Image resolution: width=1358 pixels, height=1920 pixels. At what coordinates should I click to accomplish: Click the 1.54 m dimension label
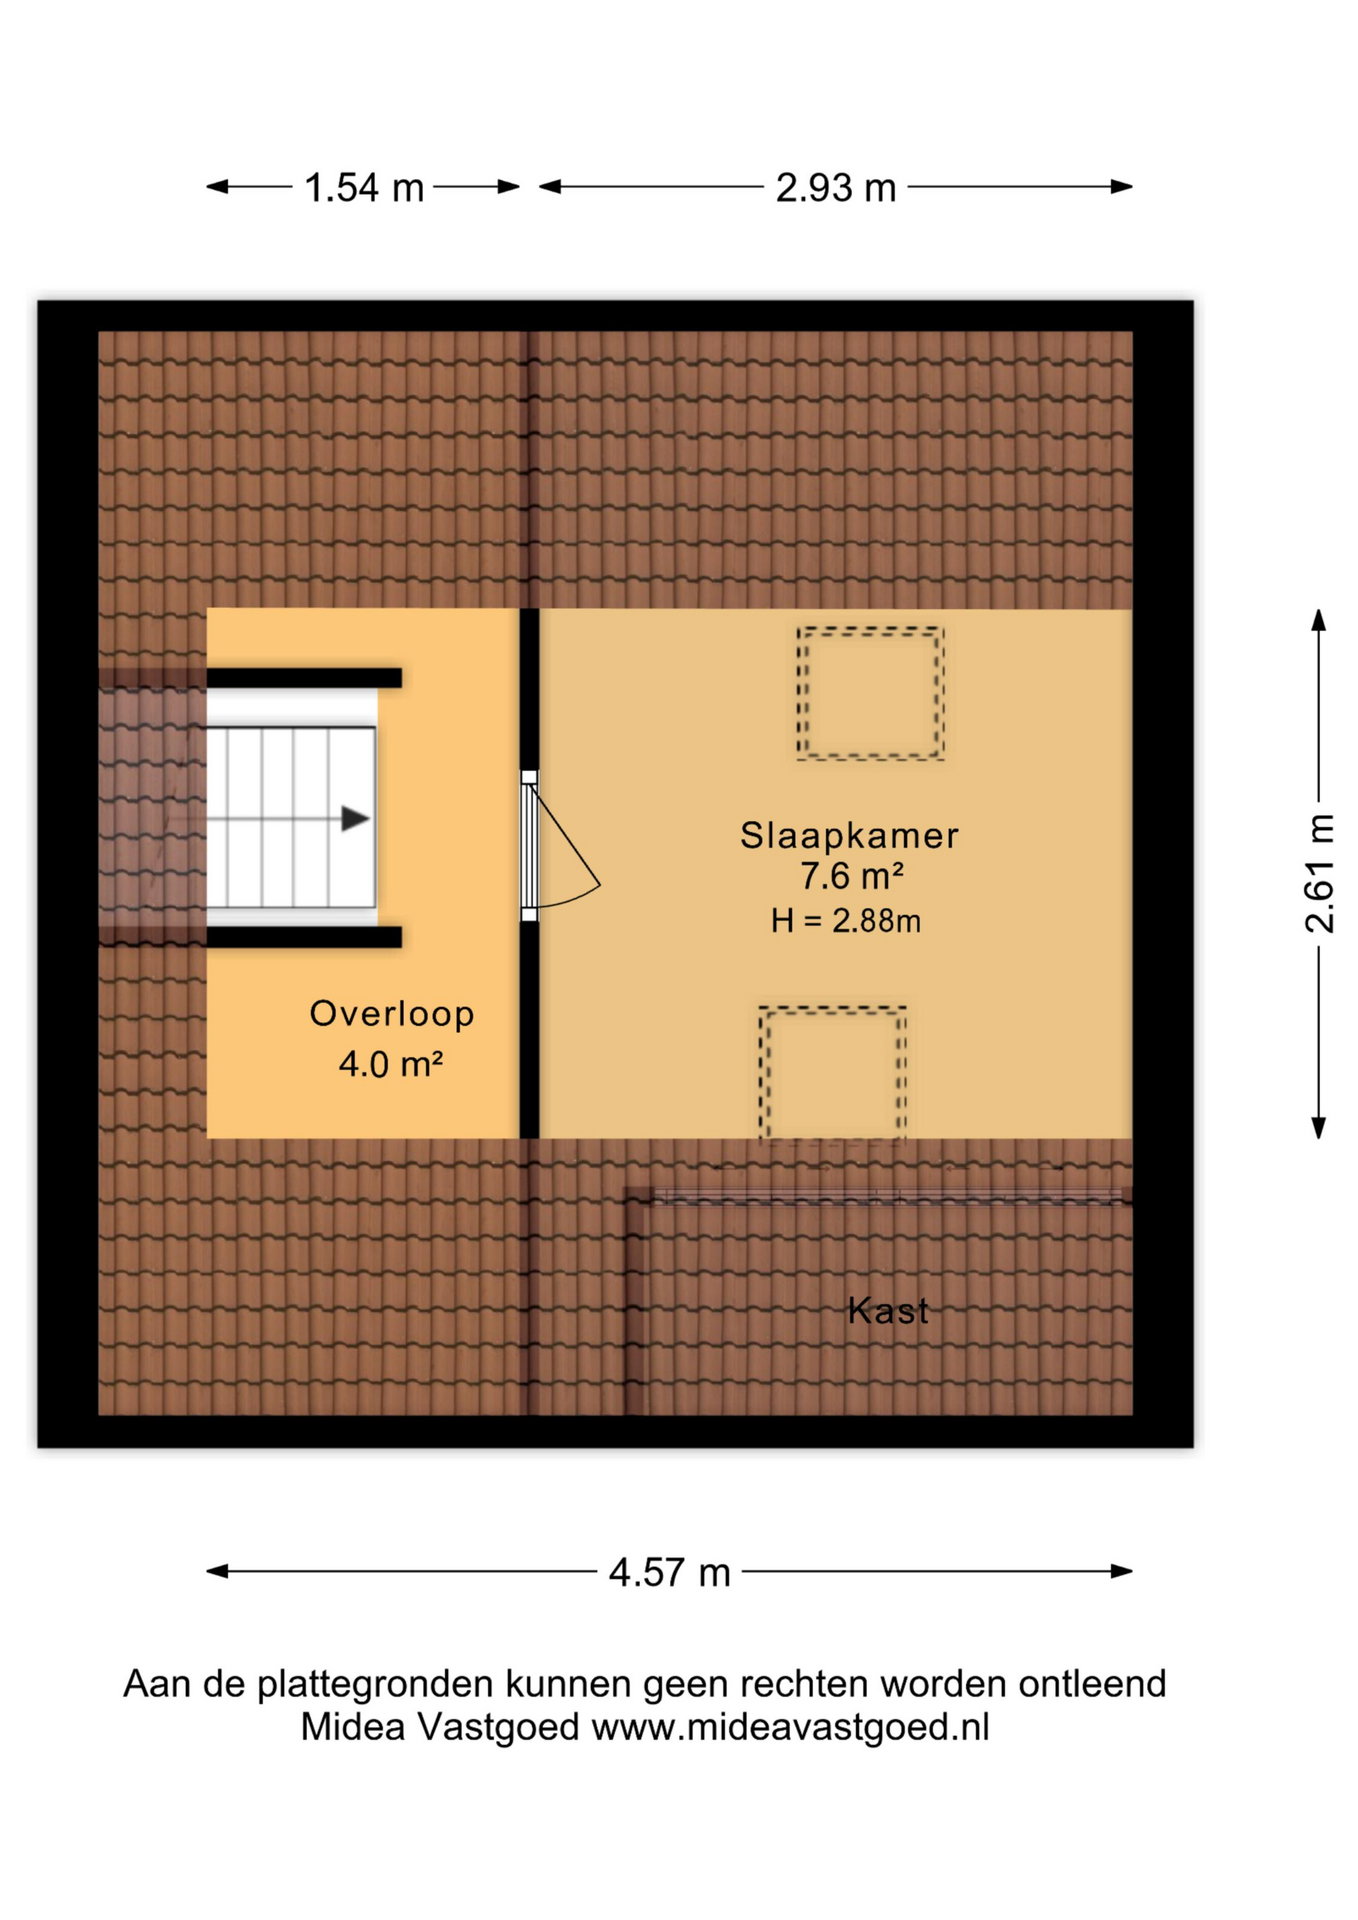364,188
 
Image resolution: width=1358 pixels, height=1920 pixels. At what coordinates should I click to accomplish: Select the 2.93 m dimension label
836,188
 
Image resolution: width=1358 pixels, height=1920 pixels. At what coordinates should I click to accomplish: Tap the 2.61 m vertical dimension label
1320,874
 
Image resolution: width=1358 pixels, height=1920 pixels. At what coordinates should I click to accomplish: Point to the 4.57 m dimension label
670,1573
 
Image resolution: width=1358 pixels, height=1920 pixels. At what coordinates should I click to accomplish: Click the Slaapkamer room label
849,836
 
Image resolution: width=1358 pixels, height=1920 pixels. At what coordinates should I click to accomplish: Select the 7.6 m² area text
852,876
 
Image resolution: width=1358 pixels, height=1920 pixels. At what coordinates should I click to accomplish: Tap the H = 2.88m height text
846,921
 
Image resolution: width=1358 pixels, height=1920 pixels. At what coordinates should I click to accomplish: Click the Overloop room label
392,1014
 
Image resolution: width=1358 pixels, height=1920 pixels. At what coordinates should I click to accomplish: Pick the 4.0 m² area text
391,1063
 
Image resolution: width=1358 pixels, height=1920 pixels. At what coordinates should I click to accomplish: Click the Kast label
888,1311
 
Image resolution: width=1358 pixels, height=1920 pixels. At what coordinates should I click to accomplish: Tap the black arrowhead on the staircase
356,819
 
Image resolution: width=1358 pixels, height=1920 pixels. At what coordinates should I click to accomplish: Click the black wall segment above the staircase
304,678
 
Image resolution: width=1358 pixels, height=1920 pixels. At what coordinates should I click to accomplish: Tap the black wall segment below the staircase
304,937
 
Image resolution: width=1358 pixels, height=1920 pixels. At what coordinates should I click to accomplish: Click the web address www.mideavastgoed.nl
790,1728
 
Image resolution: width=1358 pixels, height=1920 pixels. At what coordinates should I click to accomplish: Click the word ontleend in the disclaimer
1093,1684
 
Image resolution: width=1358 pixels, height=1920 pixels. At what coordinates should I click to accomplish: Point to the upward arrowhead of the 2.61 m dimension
1319,620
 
